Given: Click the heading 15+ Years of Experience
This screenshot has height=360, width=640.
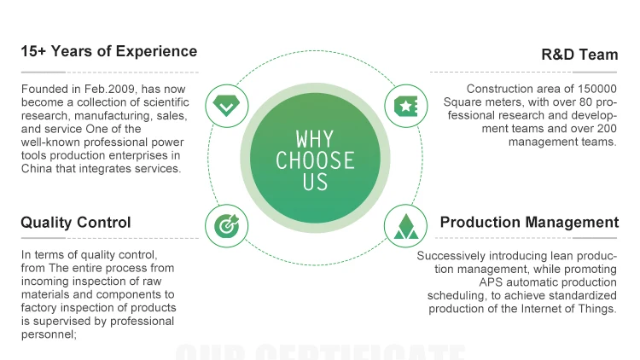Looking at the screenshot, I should click(x=108, y=51).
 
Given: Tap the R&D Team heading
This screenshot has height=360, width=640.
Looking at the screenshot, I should click(x=579, y=55).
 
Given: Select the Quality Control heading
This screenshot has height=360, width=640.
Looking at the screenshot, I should click(x=76, y=223).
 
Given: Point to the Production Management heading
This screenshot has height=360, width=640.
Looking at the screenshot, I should click(x=529, y=223).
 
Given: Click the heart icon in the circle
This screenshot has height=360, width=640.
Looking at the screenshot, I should click(x=226, y=107).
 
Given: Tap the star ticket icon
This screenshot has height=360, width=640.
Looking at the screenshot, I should click(x=405, y=107).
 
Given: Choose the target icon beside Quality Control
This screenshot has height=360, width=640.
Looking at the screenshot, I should click(x=226, y=227).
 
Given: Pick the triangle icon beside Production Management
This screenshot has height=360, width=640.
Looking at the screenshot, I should click(x=405, y=227).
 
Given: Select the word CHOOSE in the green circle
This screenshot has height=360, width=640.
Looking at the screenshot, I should click(x=315, y=160).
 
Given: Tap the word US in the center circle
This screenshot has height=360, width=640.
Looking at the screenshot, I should click(x=315, y=181).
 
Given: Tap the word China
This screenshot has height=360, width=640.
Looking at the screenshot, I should click(x=38, y=169).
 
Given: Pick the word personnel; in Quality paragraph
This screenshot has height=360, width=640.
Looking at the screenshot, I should click(x=49, y=334).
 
